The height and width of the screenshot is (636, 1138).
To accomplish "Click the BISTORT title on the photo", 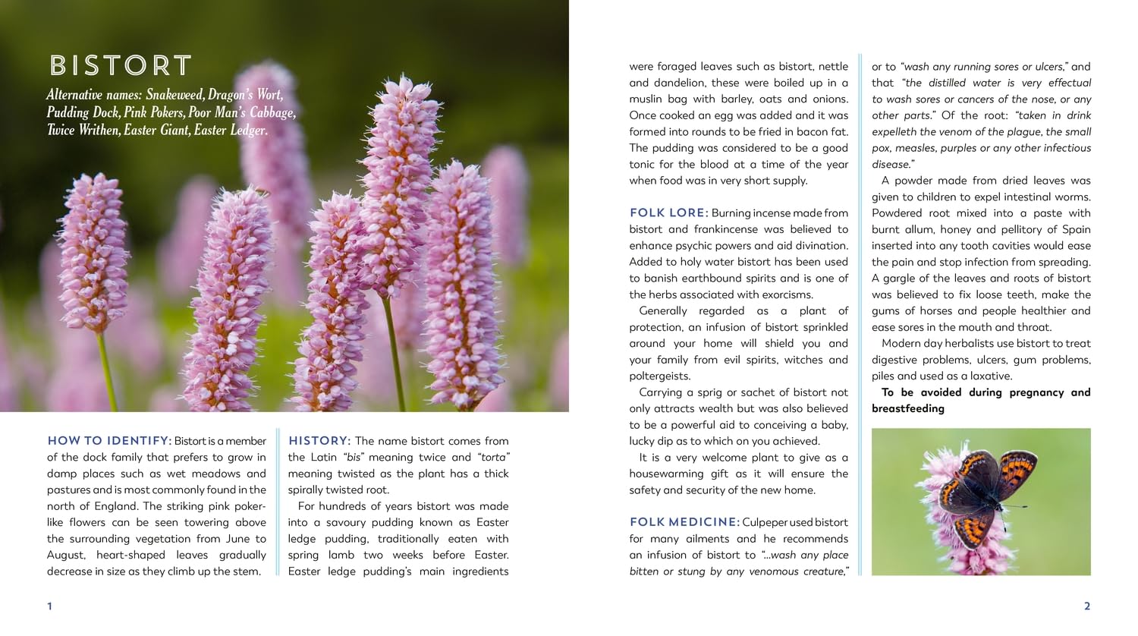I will click(x=121, y=66).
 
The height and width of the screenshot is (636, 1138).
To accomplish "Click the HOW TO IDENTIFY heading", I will click(x=109, y=441).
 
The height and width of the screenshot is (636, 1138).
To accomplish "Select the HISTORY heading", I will click(x=319, y=441).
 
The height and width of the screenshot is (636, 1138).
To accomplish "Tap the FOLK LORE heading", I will click(x=668, y=213).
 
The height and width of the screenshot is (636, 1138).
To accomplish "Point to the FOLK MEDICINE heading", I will click(x=684, y=522).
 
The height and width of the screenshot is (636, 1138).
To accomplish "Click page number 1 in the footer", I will click(x=50, y=606).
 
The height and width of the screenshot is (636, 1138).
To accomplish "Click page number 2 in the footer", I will click(x=1087, y=606).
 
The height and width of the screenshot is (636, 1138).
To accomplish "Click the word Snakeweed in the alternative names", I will click(x=175, y=95).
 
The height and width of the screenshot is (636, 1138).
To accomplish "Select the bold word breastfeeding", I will click(x=908, y=408).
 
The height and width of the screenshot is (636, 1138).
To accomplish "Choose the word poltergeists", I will click(x=660, y=376).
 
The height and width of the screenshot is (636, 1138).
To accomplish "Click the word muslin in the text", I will click(x=646, y=99).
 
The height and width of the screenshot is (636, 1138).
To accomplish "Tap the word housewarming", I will click(x=668, y=474).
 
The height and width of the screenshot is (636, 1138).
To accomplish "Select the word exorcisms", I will click(x=784, y=294).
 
